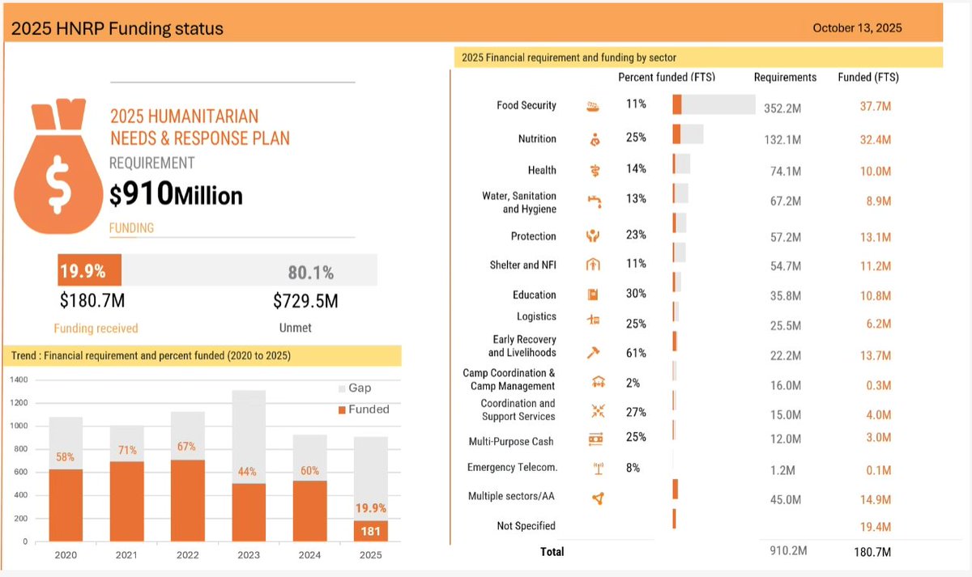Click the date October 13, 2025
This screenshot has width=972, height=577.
click(857, 28)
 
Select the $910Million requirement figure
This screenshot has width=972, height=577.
click(176, 194)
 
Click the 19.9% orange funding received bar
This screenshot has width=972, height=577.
click(89, 270)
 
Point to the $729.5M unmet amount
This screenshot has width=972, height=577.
click(305, 302)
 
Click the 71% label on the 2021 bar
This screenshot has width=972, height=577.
click(126, 450)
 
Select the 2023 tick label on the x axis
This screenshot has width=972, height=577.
click(248, 555)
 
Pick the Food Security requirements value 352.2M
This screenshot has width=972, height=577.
click(782, 108)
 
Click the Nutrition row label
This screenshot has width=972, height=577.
click(537, 139)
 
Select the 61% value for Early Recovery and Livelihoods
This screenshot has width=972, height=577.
click(636, 354)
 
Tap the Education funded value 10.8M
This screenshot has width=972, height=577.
click(876, 296)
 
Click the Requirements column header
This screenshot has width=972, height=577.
click(785, 78)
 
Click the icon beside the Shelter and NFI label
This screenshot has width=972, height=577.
click(593, 265)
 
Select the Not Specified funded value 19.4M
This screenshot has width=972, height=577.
click(876, 527)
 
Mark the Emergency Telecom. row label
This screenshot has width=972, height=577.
click(512, 468)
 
